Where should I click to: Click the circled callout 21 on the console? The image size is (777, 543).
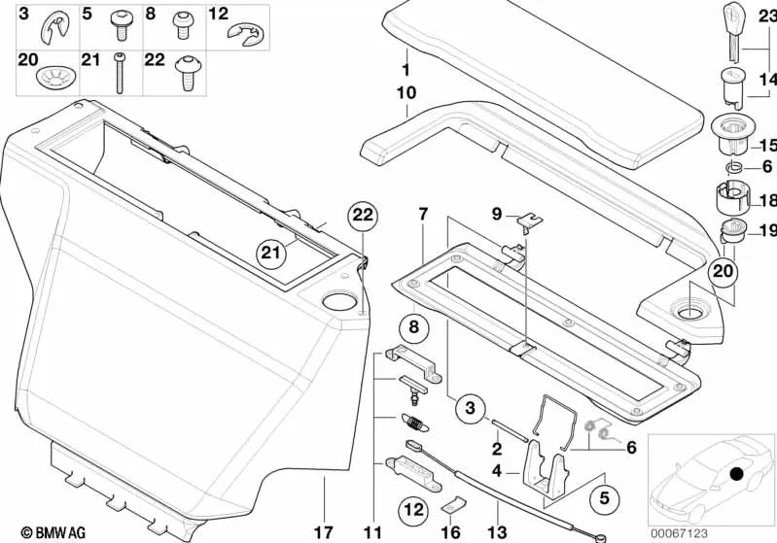coord(273,254)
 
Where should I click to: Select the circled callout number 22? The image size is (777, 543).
coord(362,216)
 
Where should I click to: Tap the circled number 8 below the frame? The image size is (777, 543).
coord(412,328)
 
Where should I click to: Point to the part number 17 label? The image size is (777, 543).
coord(323,531)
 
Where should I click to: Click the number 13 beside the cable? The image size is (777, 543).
coord(499,531)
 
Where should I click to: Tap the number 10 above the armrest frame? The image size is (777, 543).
coord(406,94)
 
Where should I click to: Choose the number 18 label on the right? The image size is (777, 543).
coord(765,201)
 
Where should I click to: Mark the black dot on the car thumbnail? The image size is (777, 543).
coord(737,475)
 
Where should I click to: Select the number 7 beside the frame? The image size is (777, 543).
coord(422,214)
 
